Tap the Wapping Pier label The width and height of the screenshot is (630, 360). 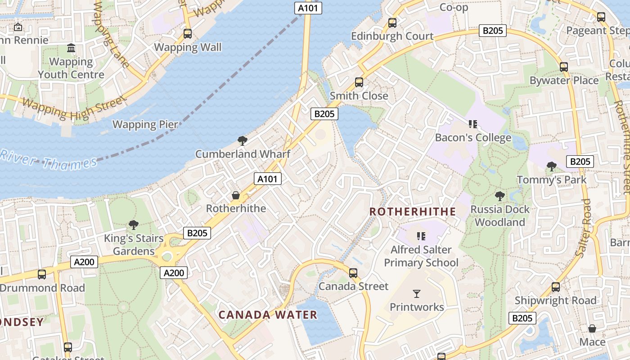point(145,125)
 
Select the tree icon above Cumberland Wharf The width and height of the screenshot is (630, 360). point(243,141)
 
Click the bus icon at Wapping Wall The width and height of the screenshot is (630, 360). point(188,34)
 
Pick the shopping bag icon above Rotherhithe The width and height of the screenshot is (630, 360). point(236,195)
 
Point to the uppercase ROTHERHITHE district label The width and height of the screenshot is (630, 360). point(413,211)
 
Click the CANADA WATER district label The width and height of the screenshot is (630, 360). point(268,315)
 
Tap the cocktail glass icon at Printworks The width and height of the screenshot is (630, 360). point(417,294)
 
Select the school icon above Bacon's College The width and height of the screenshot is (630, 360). point(472,124)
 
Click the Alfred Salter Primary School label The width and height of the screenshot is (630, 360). point(421,256)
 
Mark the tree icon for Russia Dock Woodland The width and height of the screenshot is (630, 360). point(499,196)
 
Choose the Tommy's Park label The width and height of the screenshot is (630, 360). point(552,180)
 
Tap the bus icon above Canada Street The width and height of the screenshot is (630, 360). point(353,273)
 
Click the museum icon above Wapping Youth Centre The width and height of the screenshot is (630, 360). point(71,48)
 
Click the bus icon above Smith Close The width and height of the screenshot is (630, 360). point(359,82)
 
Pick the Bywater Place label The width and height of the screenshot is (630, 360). point(564,81)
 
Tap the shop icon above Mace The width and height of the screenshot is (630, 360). point(592,328)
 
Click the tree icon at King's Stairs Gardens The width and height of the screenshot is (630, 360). point(133,225)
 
